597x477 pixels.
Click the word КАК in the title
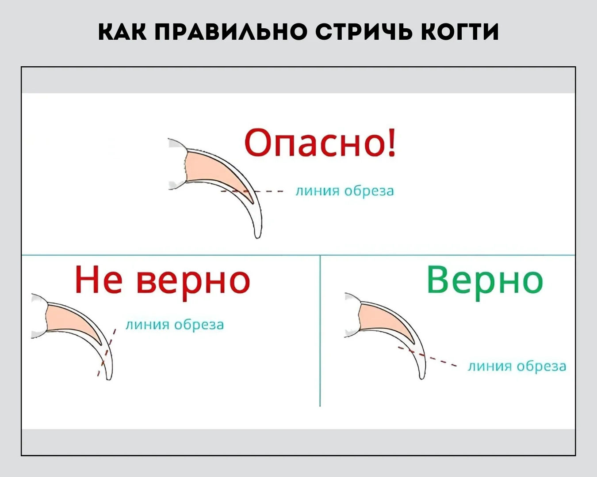[x=122, y=32]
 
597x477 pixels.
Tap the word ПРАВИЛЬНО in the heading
[x=231, y=32]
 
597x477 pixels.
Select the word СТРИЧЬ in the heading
[x=364, y=32]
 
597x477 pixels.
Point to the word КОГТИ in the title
[x=459, y=32]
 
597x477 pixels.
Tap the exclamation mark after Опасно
[x=392, y=144]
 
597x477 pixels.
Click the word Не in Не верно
[x=99, y=279]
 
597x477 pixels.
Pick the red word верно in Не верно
[x=194, y=283]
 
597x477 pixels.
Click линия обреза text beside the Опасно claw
[x=344, y=191]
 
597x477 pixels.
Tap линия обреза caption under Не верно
[x=175, y=325]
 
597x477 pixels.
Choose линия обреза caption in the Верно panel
[x=517, y=366]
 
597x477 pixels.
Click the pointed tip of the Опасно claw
[x=258, y=238]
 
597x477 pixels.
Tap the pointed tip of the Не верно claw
[x=109, y=379]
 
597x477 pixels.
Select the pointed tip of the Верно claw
[x=422, y=379]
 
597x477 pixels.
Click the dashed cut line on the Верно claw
[x=427, y=356]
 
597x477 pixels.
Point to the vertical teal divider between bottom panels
[x=320, y=331]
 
